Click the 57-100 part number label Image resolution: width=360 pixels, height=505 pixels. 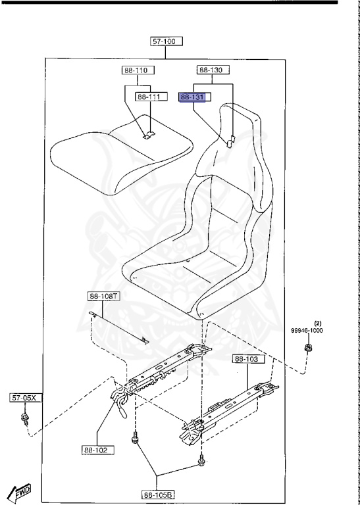point(167,41)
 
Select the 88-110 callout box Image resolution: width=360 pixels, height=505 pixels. point(138,70)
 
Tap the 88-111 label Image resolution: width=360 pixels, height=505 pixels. point(151,97)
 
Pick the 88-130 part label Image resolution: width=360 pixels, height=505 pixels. point(213,70)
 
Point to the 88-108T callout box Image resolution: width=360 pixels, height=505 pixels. point(103,296)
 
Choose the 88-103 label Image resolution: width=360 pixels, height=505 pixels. point(249,359)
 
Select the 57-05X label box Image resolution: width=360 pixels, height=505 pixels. point(26,398)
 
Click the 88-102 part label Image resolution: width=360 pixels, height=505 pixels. point(98,450)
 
